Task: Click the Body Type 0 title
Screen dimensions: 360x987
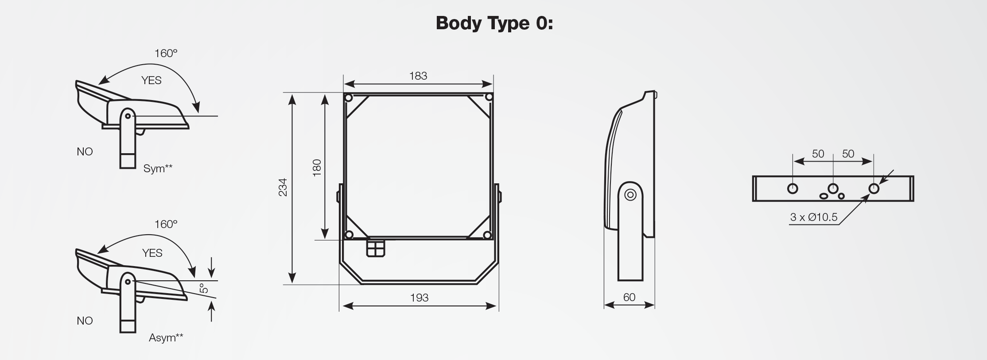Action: point(494,23)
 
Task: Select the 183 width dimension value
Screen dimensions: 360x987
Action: point(418,76)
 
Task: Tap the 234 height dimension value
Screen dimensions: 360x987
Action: point(283,187)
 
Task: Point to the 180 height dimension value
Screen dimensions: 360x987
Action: point(317,168)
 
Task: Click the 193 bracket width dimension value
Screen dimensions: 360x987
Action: point(419,298)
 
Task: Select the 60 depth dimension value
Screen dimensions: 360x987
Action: point(629,297)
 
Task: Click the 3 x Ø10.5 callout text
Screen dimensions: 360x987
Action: point(814,217)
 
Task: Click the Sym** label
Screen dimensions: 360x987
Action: point(158,168)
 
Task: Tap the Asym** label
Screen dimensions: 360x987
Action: point(166,337)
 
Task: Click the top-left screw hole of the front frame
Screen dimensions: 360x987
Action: point(349,97)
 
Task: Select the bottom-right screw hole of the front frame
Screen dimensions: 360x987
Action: point(487,235)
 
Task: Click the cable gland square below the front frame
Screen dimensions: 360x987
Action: point(376,248)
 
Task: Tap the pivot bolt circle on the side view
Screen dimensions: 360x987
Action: point(630,195)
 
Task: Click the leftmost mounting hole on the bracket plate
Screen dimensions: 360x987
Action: point(793,189)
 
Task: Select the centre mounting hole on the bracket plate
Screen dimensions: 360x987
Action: point(833,188)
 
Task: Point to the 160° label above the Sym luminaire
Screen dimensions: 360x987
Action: point(166,54)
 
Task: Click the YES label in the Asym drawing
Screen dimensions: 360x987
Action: point(152,253)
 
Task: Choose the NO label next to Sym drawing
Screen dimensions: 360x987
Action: point(85,152)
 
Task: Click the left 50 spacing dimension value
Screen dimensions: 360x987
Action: point(818,154)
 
